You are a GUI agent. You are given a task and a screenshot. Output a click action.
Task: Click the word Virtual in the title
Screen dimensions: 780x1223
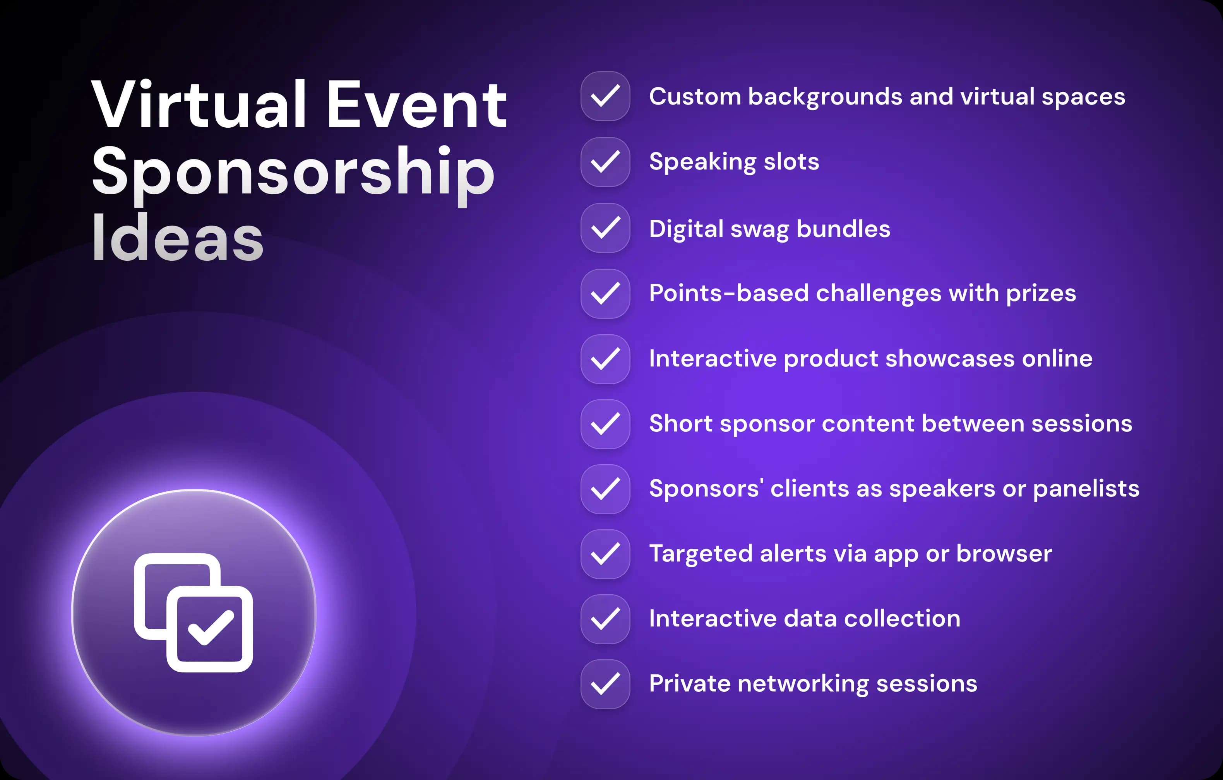pos(199,105)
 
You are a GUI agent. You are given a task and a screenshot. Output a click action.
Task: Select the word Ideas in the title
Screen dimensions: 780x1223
pos(177,239)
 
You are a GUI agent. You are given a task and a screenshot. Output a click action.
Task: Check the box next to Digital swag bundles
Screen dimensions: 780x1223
pos(605,228)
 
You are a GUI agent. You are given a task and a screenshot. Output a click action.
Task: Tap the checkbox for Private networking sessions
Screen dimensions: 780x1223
pos(605,684)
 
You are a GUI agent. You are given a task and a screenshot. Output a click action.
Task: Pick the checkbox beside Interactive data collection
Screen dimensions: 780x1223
pos(605,619)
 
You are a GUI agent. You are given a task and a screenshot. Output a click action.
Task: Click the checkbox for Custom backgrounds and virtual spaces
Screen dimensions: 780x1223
pos(605,96)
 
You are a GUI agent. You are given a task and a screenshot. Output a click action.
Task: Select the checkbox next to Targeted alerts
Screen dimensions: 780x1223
pos(605,554)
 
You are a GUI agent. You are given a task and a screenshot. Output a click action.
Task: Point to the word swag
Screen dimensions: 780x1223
pos(759,229)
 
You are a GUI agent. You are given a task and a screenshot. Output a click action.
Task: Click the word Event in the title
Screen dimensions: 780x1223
pos(416,105)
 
